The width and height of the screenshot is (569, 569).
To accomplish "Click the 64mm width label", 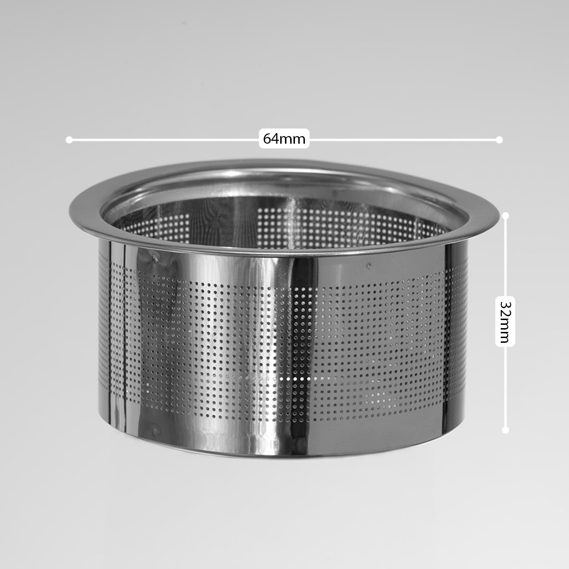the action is (x=284, y=139).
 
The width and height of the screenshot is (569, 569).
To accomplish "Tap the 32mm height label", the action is (x=505, y=322).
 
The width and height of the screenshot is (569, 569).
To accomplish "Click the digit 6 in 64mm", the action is (x=267, y=139).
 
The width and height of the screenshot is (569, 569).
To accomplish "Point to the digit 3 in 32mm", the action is (x=505, y=305).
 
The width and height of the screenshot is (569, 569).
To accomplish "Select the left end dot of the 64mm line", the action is (x=69, y=140).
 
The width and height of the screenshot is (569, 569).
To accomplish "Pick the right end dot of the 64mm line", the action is (x=499, y=140).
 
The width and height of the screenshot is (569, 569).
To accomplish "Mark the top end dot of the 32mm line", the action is (x=505, y=216).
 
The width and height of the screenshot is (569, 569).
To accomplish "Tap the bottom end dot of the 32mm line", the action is (x=505, y=430).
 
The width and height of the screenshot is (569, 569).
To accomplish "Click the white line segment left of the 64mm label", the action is (x=164, y=140).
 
